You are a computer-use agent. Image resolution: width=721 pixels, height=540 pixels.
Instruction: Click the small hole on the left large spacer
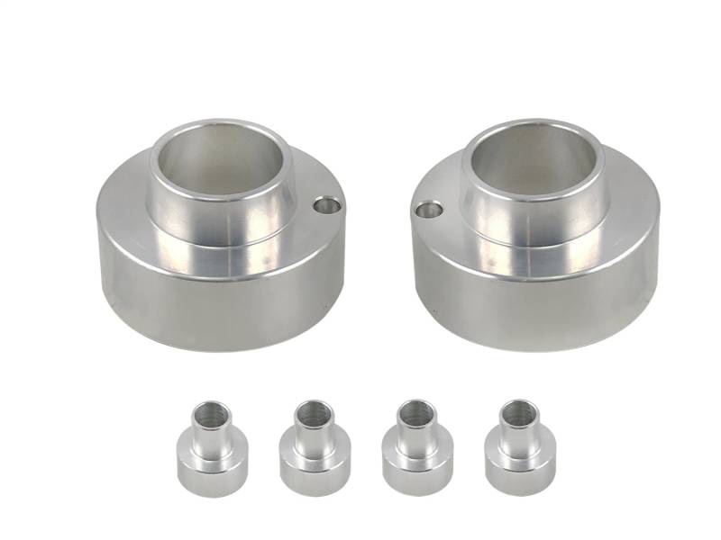click(x=328, y=206)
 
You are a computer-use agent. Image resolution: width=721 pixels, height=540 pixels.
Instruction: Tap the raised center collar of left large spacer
click(x=221, y=220)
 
